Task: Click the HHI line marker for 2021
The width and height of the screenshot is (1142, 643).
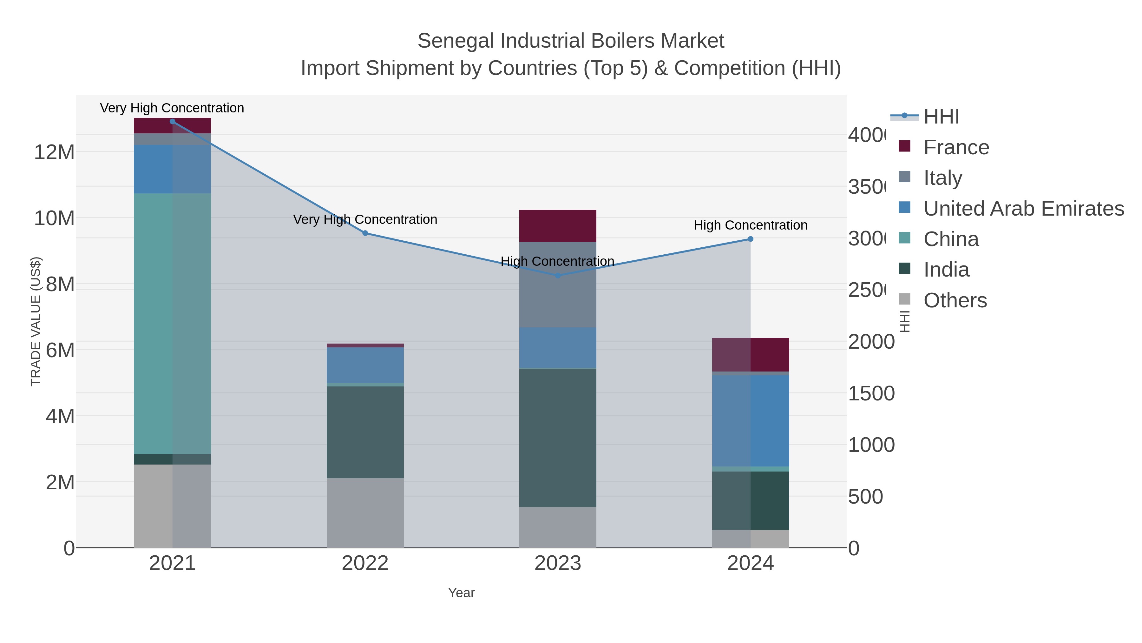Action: [x=173, y=122]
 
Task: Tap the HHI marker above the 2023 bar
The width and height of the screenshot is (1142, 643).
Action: [x=558, y=276]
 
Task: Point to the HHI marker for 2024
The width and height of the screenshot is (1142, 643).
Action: [x=750, y=239]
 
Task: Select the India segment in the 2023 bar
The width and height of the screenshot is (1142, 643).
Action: [x=558, y=438]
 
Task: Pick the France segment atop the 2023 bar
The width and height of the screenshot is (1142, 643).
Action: [x=558, y=226]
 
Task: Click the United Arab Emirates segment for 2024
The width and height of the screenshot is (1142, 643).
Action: [x=750, y=421]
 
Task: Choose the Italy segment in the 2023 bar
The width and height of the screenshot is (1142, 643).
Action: [x=558, y=285]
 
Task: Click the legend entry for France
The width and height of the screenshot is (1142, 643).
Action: [x=956, y=147]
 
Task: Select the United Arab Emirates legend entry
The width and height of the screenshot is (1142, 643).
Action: [x=1023, y=209]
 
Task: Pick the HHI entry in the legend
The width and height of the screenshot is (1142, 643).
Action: [x=941, y=117]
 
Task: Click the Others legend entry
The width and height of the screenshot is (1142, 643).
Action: [x=955, y=300]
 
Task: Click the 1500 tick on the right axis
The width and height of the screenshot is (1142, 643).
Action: [x=871, y=394]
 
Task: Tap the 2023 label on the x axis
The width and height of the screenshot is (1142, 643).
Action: [x=558, y=564]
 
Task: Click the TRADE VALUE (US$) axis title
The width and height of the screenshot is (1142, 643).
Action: [x=36, y=321]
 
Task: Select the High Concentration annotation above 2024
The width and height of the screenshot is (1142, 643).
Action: [x=750, y=225]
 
